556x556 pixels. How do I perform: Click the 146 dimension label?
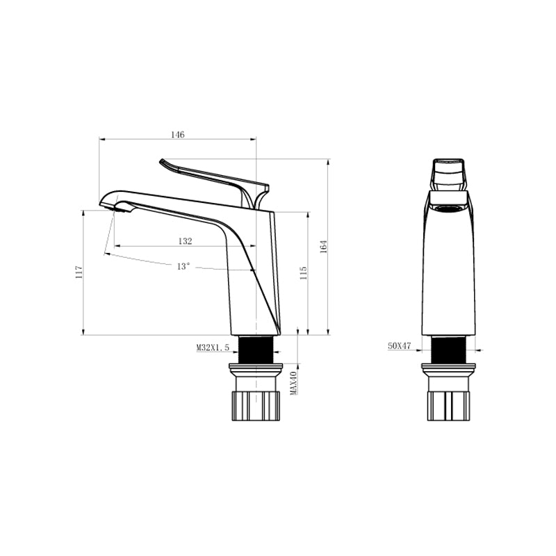coord(178,135)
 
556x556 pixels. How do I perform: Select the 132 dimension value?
coord(185,241)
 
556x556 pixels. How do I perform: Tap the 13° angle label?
coord(183,266)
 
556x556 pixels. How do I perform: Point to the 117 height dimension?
coord(79,272)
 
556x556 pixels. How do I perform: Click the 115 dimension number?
coord(303,273)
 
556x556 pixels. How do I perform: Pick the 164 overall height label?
coord(323,247)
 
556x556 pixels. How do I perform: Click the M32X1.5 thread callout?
coord(213,347)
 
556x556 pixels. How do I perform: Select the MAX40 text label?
coord(293,383)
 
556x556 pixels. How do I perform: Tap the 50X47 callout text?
coord(399,345)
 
